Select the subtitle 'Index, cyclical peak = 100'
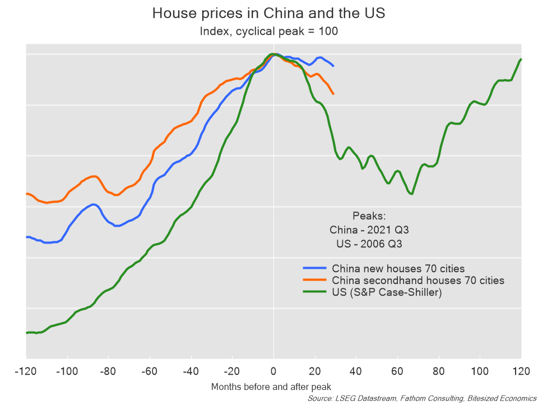coord(268,31)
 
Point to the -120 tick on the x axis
coord(26,371)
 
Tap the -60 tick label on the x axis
coord(150,371)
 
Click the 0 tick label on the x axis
coord(273,371)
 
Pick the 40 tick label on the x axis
coord(356,371)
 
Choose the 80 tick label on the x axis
coord(438,371)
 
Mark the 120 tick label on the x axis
coord(521,371)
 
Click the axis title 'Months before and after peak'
coord(271,387)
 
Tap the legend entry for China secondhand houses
coord(418,280)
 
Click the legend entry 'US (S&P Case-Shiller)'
coord(387,292)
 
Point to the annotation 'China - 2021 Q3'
coord(366,230)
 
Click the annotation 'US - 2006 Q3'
coord(366,244)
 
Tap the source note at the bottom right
coord(422,398)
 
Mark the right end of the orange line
coord(334,94)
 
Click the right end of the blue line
coord(334,66)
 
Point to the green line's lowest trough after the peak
coord(412,194)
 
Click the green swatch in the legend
coord(314,292)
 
